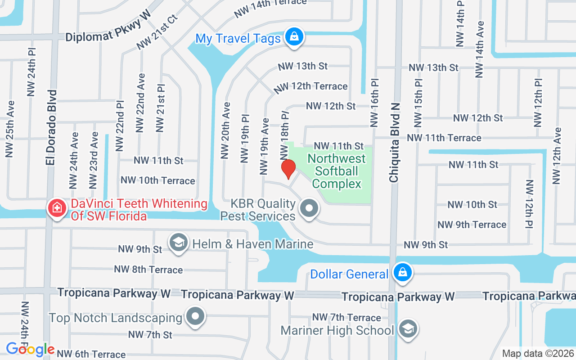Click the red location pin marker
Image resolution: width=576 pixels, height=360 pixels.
(288, 170)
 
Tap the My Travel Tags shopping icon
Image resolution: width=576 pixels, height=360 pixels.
(294, 36)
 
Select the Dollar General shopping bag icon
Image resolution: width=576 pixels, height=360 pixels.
(402, 273)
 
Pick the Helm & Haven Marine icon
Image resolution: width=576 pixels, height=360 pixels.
(179, 243)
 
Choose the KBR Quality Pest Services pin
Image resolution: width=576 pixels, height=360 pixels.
(309, 209)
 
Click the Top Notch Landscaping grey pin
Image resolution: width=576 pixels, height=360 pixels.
(195, 316)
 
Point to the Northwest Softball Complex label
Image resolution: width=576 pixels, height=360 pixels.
(337, 171)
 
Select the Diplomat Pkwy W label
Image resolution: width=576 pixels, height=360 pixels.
(108, 32)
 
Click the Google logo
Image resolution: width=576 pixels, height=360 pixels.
(30, 349)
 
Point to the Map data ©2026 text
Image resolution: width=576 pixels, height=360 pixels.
(538, 353)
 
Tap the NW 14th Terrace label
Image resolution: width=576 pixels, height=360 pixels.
(270, 9)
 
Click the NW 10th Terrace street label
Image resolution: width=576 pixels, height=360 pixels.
(157, 180)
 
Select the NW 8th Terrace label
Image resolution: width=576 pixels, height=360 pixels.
(148, 269)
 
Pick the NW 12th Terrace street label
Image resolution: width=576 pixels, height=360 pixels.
(310, 86)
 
